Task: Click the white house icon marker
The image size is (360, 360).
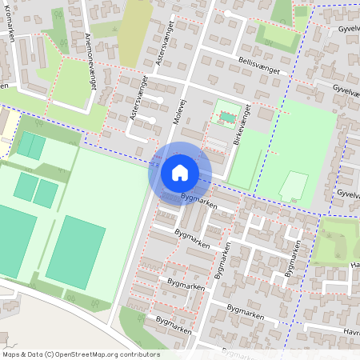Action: (179, 172)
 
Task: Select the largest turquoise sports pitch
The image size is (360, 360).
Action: (75, 251)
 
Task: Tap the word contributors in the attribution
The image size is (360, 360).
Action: (138, 354)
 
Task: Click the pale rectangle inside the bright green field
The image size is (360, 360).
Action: (293, 186)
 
